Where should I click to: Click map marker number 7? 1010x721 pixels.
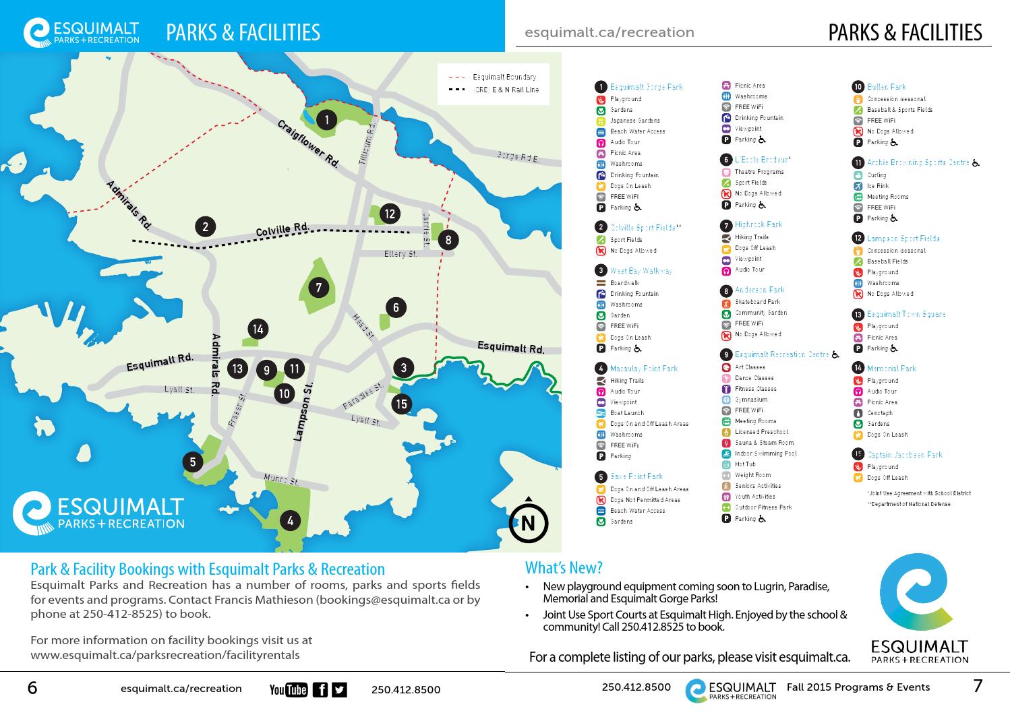point(319,288)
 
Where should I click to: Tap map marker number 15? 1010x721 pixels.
point(402,404)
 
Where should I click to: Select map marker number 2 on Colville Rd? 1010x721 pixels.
point(205,226)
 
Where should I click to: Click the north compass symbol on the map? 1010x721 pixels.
point(528,522)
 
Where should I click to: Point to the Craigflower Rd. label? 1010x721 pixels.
point(308,144)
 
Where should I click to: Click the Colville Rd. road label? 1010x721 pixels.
point(282,230)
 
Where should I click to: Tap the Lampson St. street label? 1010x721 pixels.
point(304,411)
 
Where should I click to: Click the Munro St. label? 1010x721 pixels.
point(281,480)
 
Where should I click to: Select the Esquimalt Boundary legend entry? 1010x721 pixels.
point(504,77)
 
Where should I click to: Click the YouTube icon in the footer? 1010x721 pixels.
point(288,689)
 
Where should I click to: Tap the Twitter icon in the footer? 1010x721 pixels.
point(339,689)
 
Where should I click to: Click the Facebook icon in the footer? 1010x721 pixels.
point(321,689)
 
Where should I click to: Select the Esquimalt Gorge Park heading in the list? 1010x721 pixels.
point(646,87)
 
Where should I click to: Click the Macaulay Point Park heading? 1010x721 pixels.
point(643,369)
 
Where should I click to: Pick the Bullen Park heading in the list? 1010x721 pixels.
point(886,87)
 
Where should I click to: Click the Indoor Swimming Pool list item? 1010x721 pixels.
point(765,453)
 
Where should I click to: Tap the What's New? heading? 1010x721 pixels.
point(563,567)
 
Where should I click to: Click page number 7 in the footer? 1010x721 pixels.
point(978,687)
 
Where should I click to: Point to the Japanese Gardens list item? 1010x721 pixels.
point(634,121)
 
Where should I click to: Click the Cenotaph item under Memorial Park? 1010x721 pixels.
point(879,413)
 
